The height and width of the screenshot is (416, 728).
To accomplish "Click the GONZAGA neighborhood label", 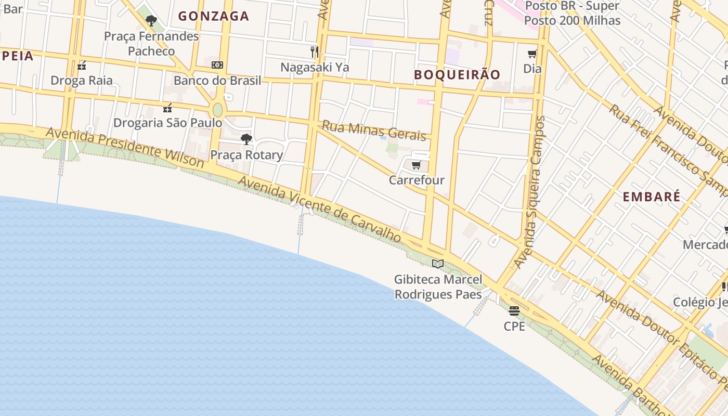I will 214,16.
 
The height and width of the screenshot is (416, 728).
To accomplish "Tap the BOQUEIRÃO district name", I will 457,74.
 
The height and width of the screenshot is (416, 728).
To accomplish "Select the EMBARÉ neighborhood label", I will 652,197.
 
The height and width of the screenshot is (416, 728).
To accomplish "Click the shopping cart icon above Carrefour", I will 416,165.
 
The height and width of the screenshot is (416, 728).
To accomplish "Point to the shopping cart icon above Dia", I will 532,54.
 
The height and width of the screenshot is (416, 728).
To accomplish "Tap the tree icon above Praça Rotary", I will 246,139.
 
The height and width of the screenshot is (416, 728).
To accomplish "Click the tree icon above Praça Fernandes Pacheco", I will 151,21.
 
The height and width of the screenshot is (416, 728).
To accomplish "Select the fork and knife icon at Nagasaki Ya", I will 315,51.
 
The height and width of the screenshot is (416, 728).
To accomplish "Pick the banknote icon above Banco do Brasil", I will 217,65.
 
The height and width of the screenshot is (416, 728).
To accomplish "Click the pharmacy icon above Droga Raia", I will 82,66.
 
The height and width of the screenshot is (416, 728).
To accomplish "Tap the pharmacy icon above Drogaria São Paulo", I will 167,108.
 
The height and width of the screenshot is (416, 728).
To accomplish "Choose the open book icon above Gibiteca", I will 438,264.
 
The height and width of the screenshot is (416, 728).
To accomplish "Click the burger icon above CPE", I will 514,311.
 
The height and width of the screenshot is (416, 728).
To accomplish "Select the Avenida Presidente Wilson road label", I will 125,147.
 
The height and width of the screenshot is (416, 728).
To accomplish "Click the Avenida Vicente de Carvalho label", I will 320,208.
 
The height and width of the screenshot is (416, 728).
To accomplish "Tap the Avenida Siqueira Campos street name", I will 530,192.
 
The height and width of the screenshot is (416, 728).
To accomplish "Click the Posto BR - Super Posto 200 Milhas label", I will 572,14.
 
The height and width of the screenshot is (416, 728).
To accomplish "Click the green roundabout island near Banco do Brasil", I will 217,110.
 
